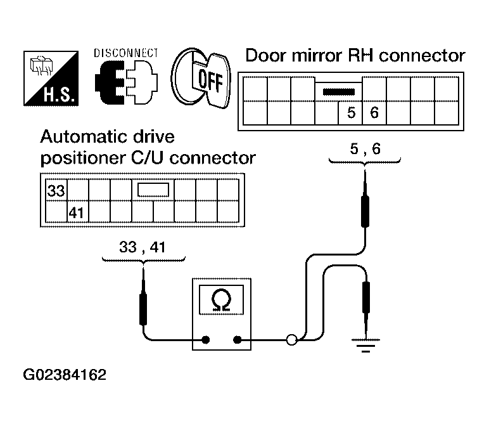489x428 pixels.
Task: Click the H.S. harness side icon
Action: tap(51, 79)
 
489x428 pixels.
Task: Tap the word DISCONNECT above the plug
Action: tap(126, 53)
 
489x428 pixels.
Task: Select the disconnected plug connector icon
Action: tap(126, 82)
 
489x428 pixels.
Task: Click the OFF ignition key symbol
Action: tap(201, 79)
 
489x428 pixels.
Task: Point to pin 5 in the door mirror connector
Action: tap(351, 112)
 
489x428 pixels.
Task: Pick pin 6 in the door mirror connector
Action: tap(374, 112)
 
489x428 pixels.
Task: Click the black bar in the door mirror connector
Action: tap(339, 92)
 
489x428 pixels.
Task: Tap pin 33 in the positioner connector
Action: tap(56, 190)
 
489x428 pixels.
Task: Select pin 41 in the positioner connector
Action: tap(77, 213)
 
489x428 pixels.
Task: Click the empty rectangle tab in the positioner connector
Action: tap(153, 190)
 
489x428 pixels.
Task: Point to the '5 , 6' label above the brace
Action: tap(365, 148)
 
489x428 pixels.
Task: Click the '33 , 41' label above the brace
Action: tap(143, 247)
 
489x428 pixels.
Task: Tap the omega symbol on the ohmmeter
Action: tap(221, 301)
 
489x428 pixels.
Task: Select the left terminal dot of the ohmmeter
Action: tap(205, 340)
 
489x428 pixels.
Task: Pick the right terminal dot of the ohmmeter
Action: tap(238, 340)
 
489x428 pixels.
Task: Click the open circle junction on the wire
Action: tap(291, 340)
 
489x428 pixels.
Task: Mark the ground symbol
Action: tap(366, 346)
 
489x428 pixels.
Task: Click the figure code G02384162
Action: tap(65, 375)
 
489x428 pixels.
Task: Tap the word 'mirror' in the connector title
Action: tap(317, 56)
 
